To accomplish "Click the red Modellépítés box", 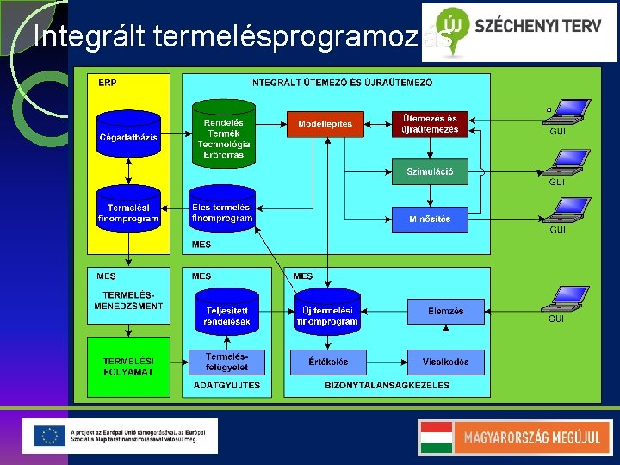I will (x=325, y=124).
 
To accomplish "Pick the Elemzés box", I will (x=444, y=311).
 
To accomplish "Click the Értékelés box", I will (x=327, y=362).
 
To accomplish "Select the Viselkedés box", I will (x=444, y=362).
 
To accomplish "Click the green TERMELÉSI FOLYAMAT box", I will (x=128, y=366).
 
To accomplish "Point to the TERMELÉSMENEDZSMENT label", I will (x=128, y=301).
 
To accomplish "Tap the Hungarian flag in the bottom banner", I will (x=436, y=437).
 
